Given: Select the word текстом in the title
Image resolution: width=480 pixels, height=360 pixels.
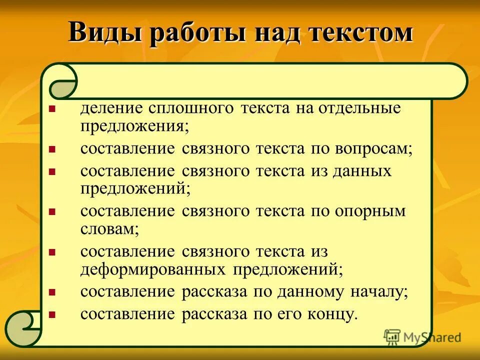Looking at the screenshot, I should coord(361,33).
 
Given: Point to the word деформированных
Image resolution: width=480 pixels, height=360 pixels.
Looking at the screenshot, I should coord(152,269).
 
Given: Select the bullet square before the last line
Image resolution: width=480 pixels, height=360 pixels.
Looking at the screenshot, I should coord(51,314).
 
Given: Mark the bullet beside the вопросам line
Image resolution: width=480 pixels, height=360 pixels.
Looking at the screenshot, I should coord(51,149).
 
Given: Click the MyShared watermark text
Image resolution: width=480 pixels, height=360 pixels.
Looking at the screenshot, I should coord(431,337).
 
